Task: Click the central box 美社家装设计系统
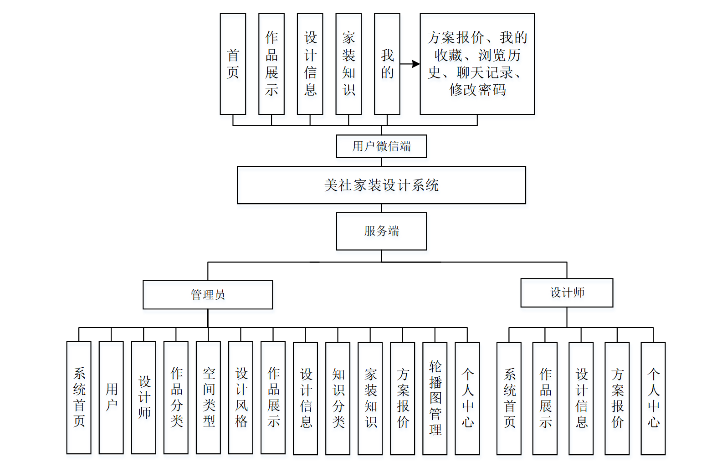pos(381,185)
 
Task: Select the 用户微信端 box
pos(381,146)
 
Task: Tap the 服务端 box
pos(381,231)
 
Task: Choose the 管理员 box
pos(208,295)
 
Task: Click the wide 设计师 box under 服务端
pos(567,293)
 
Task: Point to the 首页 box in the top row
pos(233,64)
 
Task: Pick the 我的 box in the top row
pos(387,64)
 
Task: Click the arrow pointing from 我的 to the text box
pos(410,64)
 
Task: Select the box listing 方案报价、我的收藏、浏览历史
pos(477,64)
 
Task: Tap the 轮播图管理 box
pos(435,398)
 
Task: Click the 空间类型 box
pos(208,398)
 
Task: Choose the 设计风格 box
pos(241,398)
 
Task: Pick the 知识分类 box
pos(338,398)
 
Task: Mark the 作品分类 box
pos(176,398)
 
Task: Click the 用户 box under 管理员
pos(111,398)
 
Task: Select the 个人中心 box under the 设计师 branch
pos(653,398)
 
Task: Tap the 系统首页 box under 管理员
pos(79,398)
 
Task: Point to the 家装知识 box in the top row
pos(348,64)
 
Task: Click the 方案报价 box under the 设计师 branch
pos(617,398)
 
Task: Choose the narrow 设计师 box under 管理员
pos(143,398)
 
